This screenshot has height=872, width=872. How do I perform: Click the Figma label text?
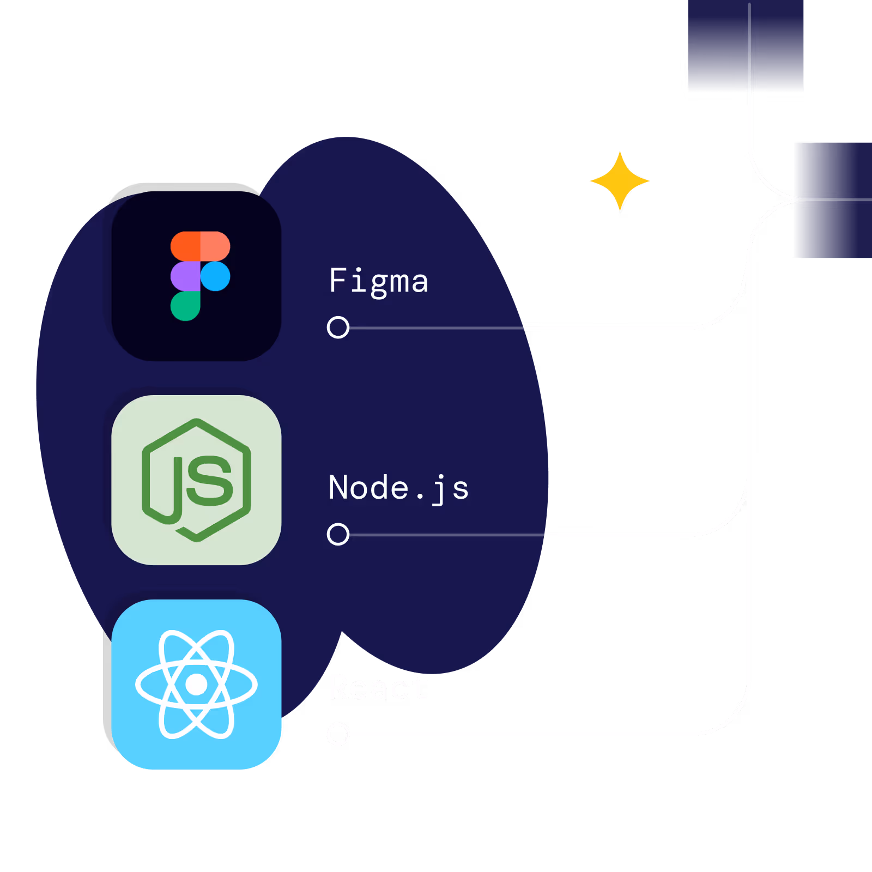(378, 281)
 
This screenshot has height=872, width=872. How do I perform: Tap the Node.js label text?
(398, 487)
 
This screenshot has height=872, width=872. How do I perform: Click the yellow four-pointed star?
(620, 181)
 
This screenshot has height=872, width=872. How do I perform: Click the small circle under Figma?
(338, 328)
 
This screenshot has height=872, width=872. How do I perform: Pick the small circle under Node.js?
(338, 534)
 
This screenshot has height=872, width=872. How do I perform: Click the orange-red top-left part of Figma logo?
(185, 246)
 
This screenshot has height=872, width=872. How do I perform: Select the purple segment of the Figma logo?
(185, 276)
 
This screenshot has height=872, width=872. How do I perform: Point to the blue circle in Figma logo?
(216, 276)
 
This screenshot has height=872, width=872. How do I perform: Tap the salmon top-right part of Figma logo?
(216, 246)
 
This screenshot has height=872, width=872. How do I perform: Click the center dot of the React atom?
(196, 685)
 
